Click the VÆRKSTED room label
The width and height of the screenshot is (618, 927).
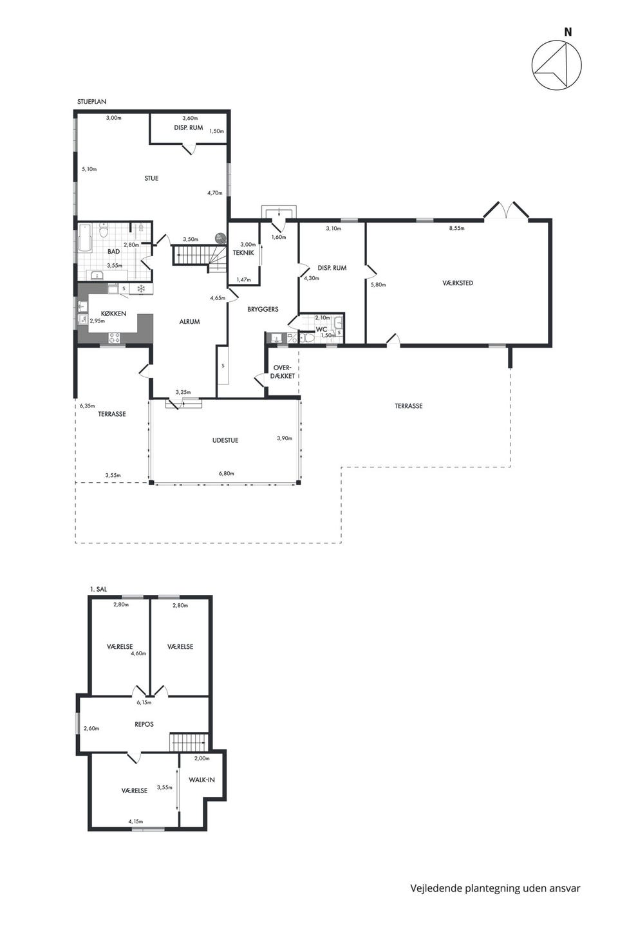(x=458, y=283)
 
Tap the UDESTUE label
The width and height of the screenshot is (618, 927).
(x=225, y=440)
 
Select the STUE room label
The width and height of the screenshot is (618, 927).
(x=151, y=178)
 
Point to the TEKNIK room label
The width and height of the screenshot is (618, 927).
(x=243, y=252)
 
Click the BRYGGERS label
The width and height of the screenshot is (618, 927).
(x=263, y=309)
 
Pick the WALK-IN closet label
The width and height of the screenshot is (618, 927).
(x=201, y=780)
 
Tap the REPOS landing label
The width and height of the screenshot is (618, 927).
(x=144, y=724)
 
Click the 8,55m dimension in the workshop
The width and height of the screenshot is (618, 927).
(x=457, y=228)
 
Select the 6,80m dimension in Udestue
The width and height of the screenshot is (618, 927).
(x=227, y=473)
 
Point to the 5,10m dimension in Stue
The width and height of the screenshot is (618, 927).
(x=89, y=169)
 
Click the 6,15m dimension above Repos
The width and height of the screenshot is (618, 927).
(x=144, y=702)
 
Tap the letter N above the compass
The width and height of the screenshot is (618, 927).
(x=568, y=32)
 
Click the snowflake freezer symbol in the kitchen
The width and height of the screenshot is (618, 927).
(x=141, y=289)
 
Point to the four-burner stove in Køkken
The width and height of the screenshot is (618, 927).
(x=115, y=338)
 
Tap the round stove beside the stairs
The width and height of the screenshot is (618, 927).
(x=220, y=238)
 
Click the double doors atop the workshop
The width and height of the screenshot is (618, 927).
(x=505, y=210)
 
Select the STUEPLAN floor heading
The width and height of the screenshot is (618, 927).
(x=91, y=102)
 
